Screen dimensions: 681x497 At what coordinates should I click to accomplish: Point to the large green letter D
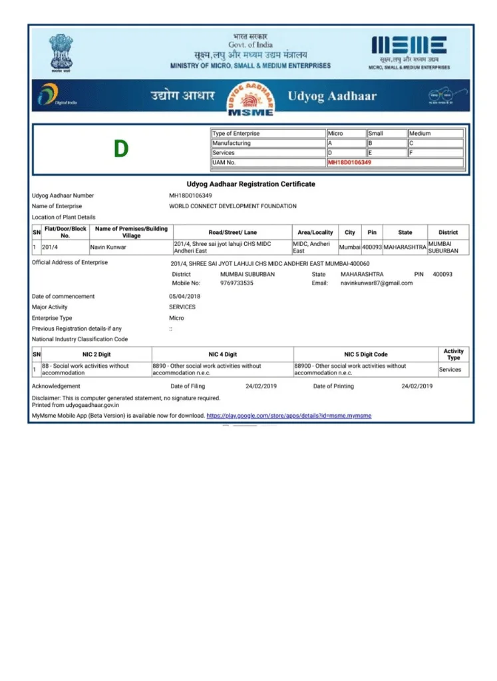coord(120,149)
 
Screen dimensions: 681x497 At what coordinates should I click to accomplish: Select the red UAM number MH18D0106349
coord(349,162)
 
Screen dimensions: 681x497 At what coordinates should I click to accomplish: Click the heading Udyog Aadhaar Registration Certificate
coord(251,184)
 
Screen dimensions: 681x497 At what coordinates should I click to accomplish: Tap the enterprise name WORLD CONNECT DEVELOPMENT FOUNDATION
coord(233,206)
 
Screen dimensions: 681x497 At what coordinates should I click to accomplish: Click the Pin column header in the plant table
coord(372,233)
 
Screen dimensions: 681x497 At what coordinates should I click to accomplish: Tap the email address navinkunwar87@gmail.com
coord(377,283)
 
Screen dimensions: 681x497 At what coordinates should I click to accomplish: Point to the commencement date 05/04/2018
coord(185,296)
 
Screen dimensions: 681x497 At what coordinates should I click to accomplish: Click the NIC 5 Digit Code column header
coord(365,354)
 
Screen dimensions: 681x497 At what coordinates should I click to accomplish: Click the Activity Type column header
coord(453,354)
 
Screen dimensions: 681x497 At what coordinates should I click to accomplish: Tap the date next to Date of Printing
coord(417,386)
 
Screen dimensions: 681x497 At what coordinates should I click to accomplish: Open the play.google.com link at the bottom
coord(289,416)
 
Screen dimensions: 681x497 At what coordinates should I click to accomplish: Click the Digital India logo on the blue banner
coord(49,95)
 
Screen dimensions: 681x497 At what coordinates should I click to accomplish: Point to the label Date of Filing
coord(188,386)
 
